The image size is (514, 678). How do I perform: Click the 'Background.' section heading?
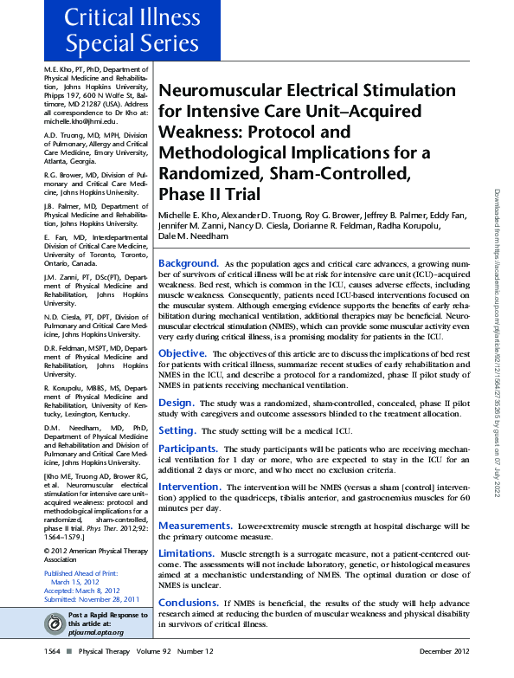pos(188,262)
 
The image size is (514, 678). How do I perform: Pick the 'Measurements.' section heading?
pos(194,526)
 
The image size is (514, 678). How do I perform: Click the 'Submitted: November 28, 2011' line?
pos(91,599)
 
